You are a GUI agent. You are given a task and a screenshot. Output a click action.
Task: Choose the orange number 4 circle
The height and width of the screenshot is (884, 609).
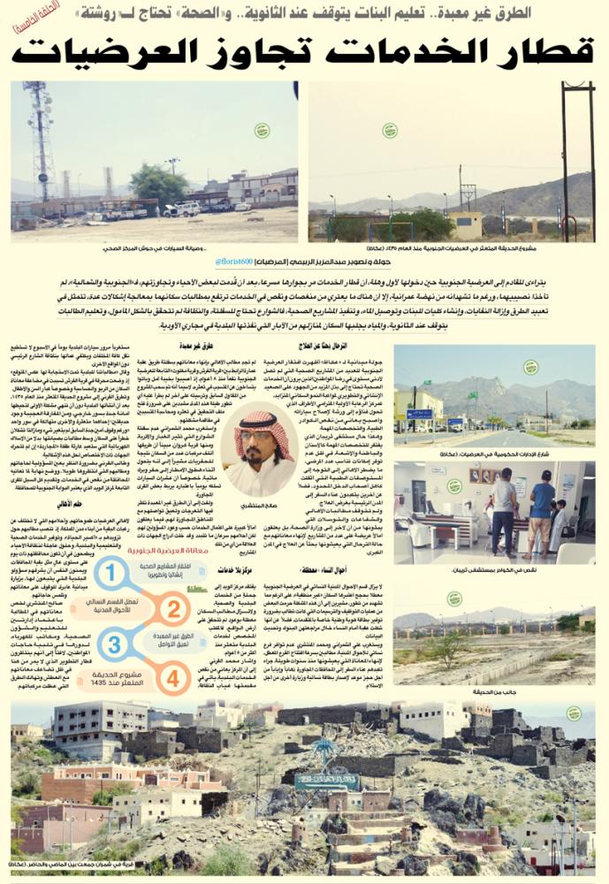tap(174, 680)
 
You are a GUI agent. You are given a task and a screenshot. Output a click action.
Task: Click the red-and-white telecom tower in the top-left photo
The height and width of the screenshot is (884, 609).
tap(41, 141)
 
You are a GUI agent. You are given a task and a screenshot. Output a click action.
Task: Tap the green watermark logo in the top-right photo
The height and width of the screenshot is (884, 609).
tap(384, 131)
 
